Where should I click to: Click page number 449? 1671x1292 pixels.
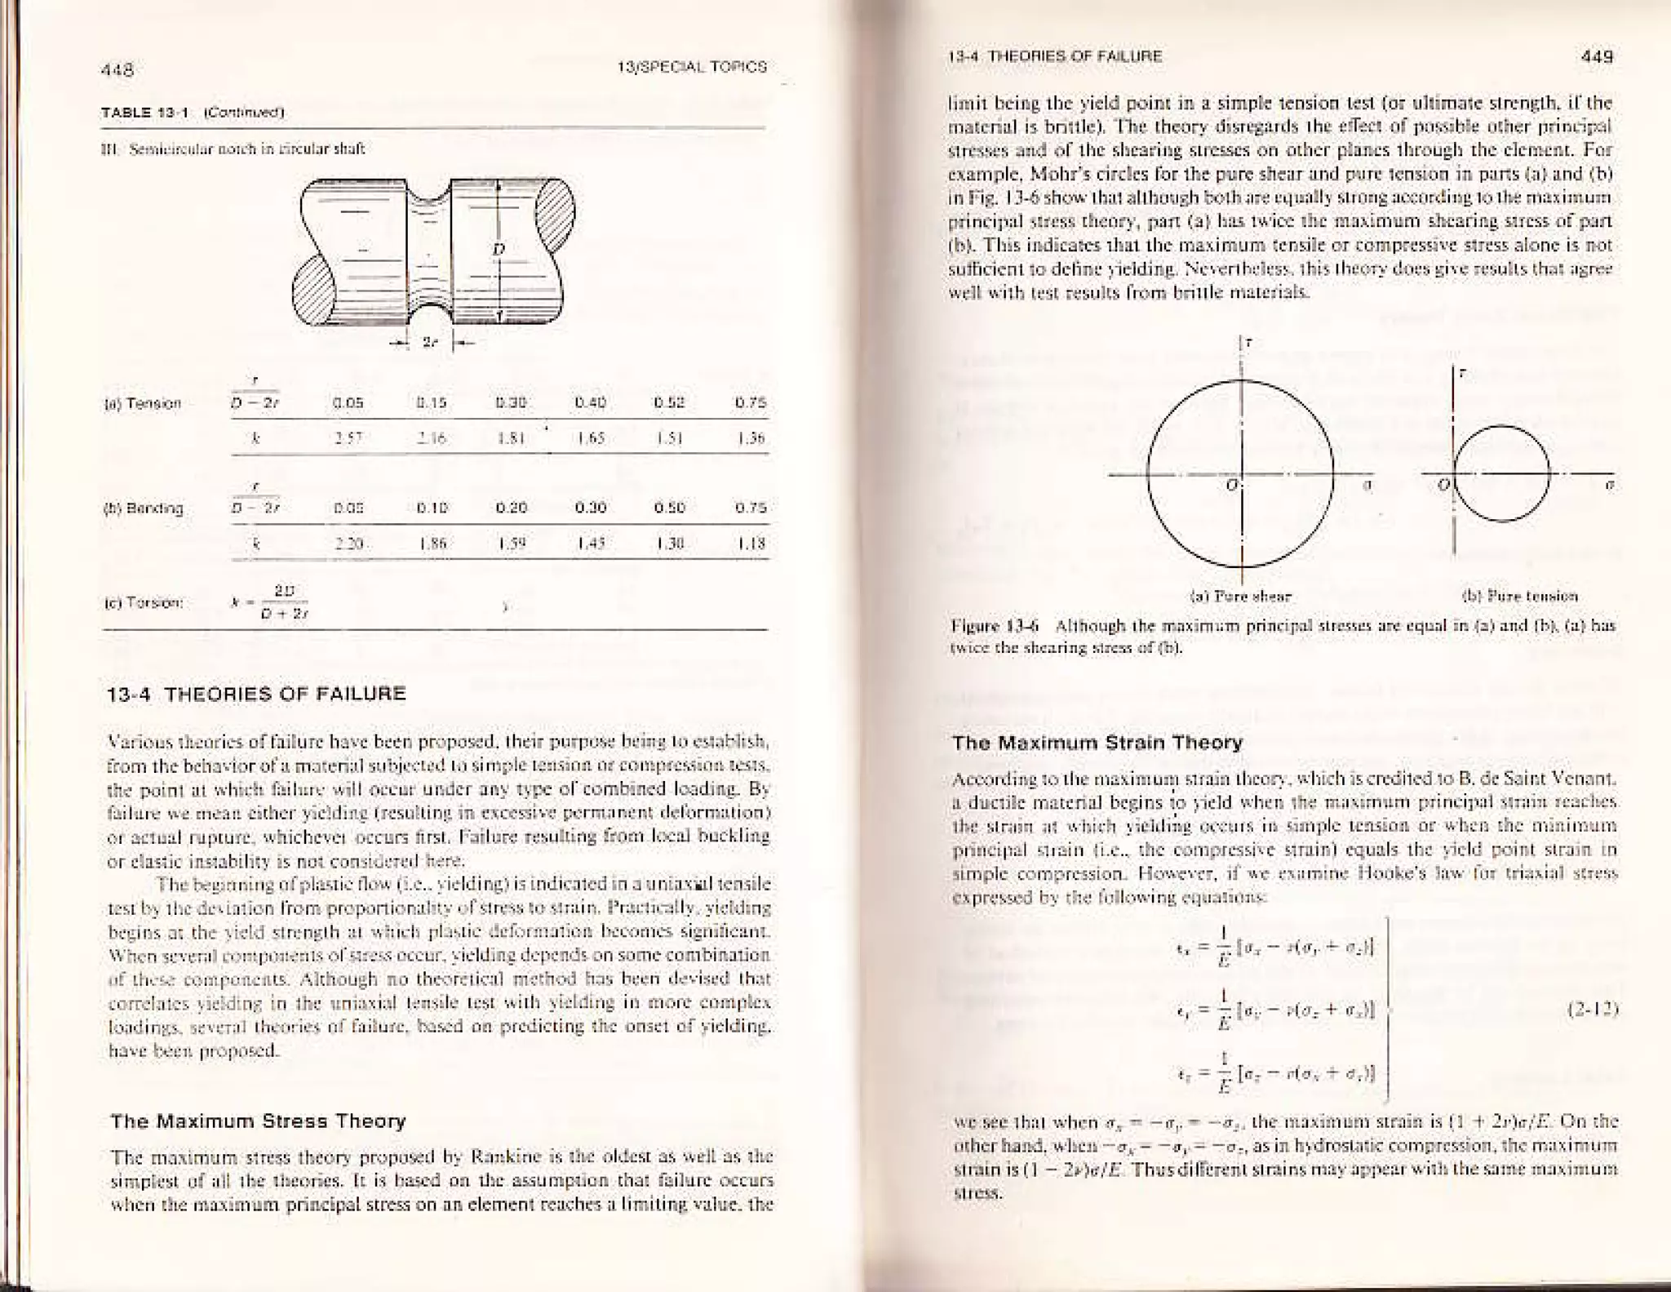[1597, 57]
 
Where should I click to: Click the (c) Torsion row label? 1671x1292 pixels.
[156, 604]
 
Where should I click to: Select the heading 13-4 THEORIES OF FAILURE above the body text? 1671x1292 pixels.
[257, 695]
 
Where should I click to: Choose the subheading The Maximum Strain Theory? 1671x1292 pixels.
[1097, 743]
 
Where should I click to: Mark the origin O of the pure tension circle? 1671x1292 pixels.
[1443, 486]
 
